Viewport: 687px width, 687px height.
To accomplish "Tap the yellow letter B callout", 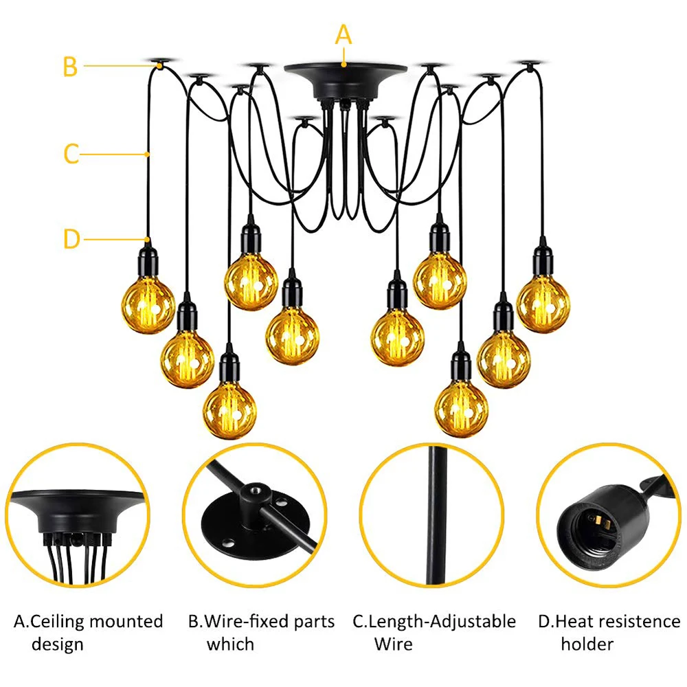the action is coord(70,67).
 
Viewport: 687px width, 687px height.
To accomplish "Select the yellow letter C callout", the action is coord(71,154).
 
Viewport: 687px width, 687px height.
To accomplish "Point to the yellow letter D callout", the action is coord(71,240).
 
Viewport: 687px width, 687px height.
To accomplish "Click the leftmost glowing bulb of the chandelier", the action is coord(148,306).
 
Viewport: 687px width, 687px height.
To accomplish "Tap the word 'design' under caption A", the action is coord(58,644).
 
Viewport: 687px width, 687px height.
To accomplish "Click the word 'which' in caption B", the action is coord(230,644).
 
